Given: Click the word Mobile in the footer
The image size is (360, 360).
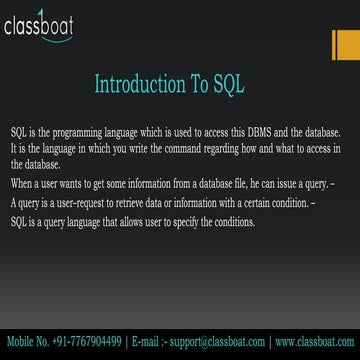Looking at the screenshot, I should pyautogui.click(x=19, y=342).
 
